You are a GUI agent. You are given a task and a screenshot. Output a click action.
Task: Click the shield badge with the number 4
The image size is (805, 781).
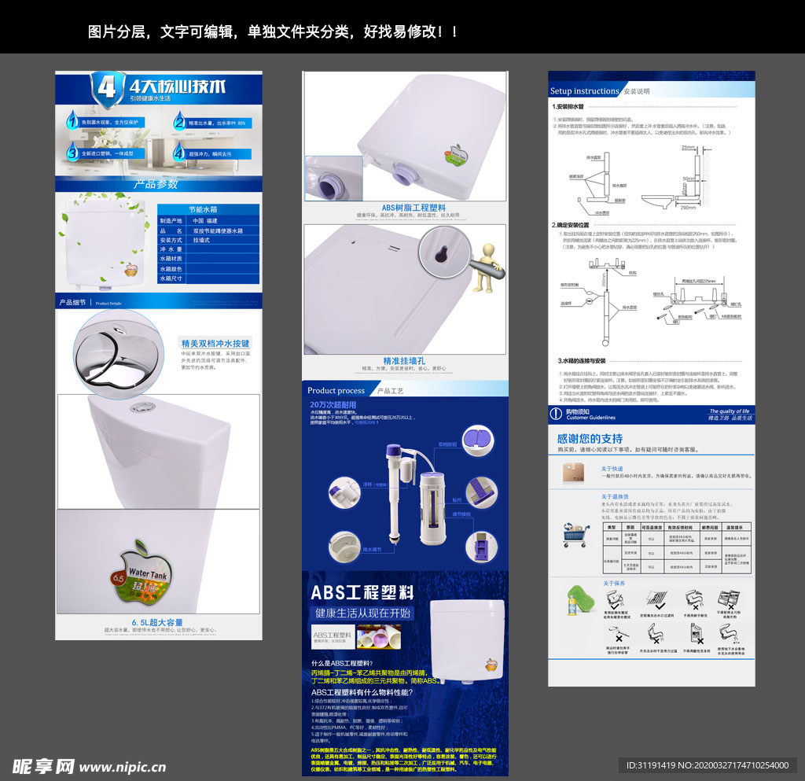[x=107, y=87]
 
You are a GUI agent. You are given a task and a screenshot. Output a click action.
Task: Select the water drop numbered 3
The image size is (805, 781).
[x=72, y=153]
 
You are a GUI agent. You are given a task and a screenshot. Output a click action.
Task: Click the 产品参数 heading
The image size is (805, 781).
[x=156, y=184]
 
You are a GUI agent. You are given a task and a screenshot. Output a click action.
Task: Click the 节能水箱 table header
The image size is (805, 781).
[x=208, y=210]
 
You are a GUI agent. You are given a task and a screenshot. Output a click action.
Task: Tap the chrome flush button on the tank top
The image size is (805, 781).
[x=143, y=407]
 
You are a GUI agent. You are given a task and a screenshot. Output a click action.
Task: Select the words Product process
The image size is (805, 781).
[x=336, y=390]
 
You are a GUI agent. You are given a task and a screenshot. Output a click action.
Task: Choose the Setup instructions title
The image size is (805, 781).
[x=584, y=91]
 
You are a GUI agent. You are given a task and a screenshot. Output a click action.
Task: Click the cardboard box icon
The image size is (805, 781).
[x=573, y=472]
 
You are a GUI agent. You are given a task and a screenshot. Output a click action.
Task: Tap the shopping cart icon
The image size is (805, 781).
[x=575, y=535]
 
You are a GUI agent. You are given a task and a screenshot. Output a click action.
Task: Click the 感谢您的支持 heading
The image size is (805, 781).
[x=590, y=438]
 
